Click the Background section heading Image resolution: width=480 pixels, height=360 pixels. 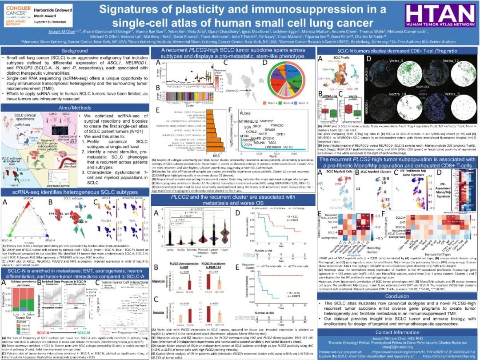75,51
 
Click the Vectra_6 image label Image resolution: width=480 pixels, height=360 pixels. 452,95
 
